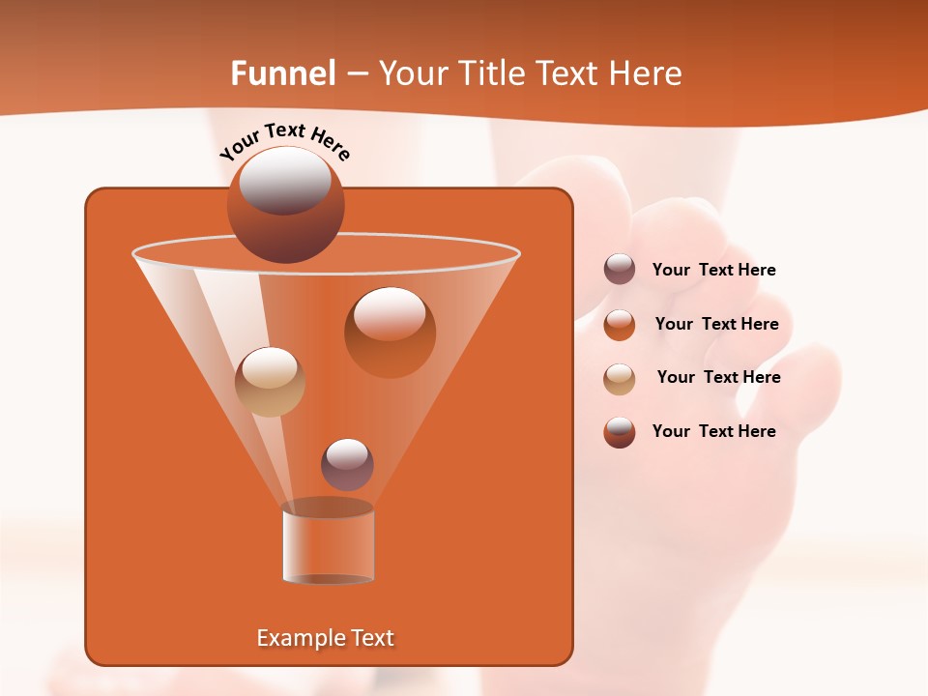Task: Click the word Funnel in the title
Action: click(282, 73)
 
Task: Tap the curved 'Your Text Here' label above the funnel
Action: click(285, 139)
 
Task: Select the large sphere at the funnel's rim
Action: click(286, 205)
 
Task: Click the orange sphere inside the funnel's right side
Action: click(390, 332)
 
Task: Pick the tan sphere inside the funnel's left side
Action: click(270, 382)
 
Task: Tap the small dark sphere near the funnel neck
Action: click(347, 464)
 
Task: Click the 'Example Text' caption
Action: click(326, 638)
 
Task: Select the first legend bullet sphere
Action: click(620, 270)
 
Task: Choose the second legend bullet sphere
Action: click(620, 325)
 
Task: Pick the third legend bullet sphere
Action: click(620, 378)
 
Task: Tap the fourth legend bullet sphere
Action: click(620, 432)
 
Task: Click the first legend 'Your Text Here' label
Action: click(713, 271)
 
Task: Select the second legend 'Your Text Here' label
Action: click(716, 325)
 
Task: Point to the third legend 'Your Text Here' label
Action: click(718, 378)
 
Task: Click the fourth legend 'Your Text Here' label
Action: click(713, 431)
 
